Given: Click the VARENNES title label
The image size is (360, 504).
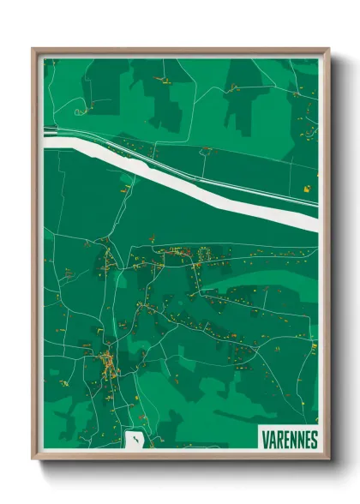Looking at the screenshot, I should pos(288,439).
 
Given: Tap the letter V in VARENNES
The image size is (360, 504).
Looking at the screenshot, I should pos(264,440).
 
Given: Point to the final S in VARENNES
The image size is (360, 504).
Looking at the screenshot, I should pos(314,440).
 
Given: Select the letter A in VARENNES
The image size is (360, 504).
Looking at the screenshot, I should pos(271,440).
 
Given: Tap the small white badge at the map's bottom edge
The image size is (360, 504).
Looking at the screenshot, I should pos(135,440).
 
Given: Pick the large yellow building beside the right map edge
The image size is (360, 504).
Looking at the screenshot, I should pos(306,186).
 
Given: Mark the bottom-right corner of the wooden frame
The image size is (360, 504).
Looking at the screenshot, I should pos(327,457).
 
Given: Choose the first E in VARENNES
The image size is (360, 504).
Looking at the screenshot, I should pos(285,440).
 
